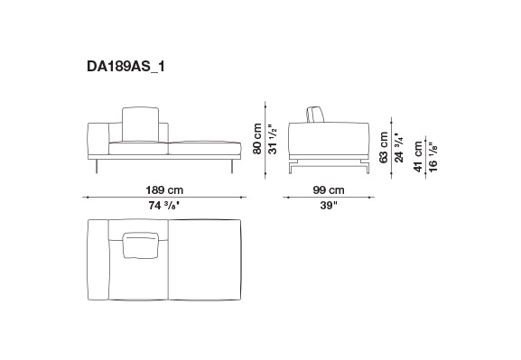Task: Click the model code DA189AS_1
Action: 126,67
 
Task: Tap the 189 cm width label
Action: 164,190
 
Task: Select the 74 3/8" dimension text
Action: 164,206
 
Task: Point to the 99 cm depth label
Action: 329,190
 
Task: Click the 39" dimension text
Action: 329,206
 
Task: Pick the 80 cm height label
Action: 257,139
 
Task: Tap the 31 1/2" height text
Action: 273,139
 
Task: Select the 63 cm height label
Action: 384,147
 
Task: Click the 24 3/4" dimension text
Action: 399,147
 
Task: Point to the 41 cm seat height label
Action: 418,156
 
